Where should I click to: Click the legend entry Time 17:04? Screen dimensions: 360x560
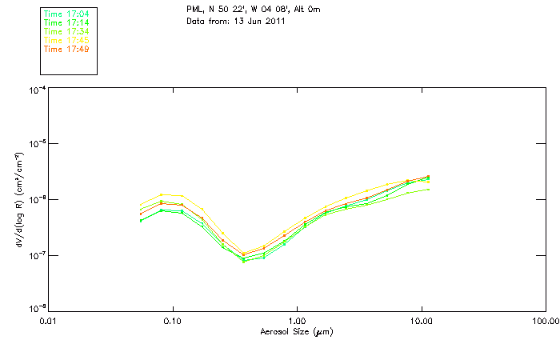point(66,14)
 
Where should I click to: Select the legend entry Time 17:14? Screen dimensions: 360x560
point(66,22)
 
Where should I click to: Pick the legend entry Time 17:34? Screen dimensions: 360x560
point(66,31)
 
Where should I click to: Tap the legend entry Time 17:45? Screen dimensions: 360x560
point(66,40)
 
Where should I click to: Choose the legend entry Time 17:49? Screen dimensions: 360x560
point(66,49)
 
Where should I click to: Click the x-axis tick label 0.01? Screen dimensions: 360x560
point(48,322)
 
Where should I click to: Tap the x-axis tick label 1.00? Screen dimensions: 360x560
point(297,322)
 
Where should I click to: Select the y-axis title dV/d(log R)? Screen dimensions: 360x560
point(18,200)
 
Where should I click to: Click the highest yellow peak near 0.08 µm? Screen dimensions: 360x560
point(162,194)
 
